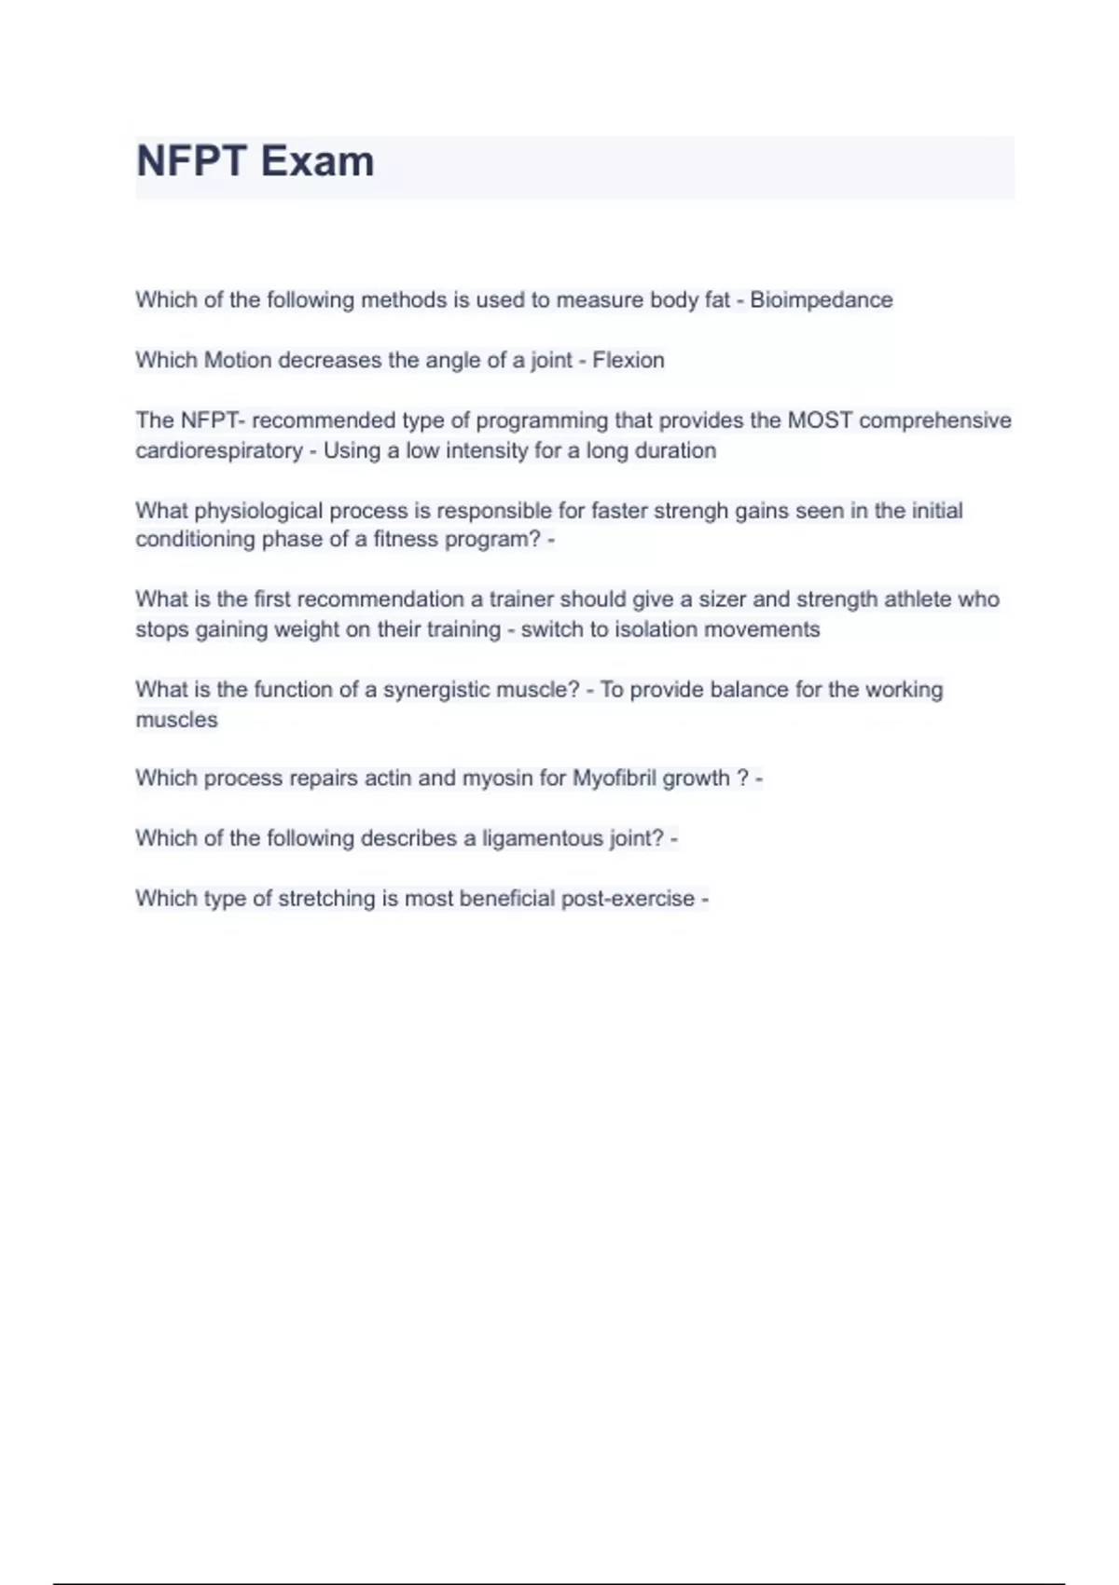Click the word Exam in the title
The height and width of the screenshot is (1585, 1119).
317,161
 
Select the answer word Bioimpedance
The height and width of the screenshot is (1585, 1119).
821,300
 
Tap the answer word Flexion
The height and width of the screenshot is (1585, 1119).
629,360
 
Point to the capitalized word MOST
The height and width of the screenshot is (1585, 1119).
820,420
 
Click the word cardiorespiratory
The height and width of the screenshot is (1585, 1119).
218,450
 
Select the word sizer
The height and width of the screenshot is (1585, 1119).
722,600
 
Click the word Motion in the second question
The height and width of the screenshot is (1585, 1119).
238,360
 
